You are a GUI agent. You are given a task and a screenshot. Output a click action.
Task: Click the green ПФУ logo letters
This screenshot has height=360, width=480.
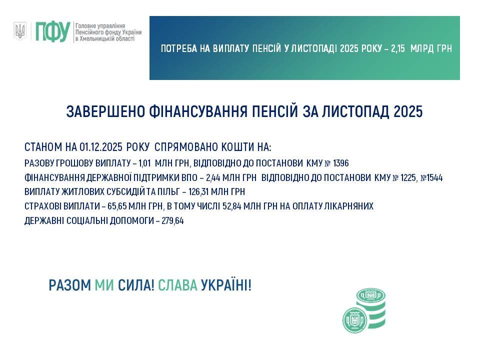click(x=53, y=31)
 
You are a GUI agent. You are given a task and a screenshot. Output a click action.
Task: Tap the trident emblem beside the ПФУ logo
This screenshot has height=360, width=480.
click(x=20, y=31)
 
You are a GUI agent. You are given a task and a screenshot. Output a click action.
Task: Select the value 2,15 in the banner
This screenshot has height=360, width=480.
click(x=398, y=48)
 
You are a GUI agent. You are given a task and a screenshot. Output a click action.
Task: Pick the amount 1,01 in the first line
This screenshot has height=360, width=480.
click(x=144, y=163)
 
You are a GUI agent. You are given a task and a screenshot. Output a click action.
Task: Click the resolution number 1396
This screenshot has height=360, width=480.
click(x=340, y=163)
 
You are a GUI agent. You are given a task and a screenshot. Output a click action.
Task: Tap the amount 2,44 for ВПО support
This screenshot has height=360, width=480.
click(x=213, y=178)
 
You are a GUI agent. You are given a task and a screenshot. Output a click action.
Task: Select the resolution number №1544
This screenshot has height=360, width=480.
click(x=431, y=178)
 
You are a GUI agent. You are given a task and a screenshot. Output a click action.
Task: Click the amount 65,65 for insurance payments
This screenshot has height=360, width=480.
click(x=117, y=206)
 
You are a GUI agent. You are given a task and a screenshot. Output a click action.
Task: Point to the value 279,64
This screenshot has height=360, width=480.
click(x=172, y=220)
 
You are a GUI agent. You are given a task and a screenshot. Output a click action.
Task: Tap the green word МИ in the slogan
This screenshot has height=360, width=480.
click(x=104, y=285)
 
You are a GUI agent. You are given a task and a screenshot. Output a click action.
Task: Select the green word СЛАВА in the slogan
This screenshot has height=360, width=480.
click(x=177, y=285)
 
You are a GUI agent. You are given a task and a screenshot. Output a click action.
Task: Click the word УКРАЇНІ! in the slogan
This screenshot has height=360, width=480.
click(x=226, y=285)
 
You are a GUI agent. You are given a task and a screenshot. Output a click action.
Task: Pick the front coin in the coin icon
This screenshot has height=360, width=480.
click(x=355, y=320)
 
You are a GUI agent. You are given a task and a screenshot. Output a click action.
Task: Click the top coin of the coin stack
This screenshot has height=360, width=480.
click(x=370, y=295)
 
